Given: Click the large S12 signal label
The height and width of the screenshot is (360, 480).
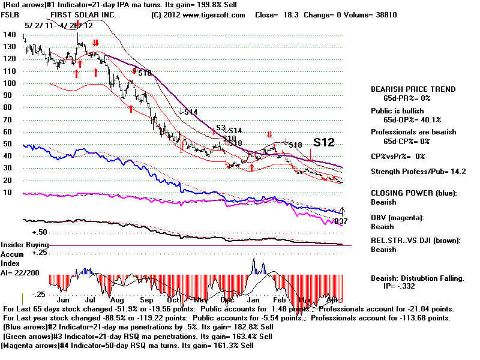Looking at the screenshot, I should (323, 142).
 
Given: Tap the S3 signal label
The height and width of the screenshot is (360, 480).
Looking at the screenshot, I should (221, 128).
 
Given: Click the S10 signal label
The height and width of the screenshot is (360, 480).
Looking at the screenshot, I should (229, 138).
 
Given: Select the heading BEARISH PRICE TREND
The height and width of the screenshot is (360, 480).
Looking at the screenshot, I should (413, 89).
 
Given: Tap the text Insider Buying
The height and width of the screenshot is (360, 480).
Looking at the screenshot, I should (24, 245).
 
